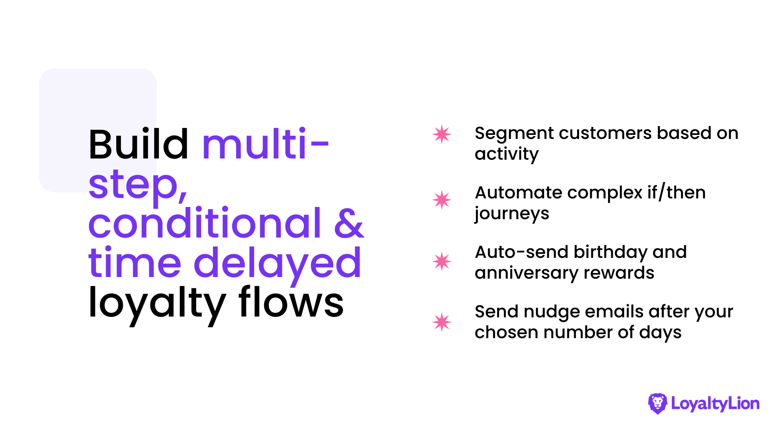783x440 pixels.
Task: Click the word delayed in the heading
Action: pos(277,263)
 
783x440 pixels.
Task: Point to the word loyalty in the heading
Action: pos(157,304)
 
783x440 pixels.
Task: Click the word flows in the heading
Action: pos(291,302)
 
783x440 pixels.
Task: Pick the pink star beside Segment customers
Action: pos(442,134)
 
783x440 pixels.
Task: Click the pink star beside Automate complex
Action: pos(442,200)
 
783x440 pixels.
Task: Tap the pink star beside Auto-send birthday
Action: pos(442,261)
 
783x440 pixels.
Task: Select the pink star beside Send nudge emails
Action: pos(442,322)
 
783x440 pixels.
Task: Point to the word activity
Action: pos(507,154)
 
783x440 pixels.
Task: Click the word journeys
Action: pos(512,214)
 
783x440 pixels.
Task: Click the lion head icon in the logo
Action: pos(657,403)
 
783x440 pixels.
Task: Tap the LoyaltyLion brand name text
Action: pos(715,404)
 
